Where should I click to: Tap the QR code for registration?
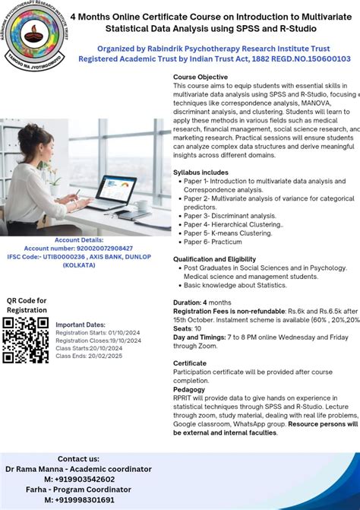[x=26, y=339]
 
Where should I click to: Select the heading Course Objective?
[x=200, y=78]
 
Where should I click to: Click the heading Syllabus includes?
[x=200, y=173]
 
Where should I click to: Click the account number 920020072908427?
[x=78, y=249]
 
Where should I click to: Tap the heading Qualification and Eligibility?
[x=215, y=259]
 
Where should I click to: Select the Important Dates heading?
[x=81, y=325]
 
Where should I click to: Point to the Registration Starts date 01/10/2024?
[x=125, y=332]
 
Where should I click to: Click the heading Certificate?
[x=189, y=363]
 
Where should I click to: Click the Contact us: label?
[x=78, y=459]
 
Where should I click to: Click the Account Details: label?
[x=79, y=240]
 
